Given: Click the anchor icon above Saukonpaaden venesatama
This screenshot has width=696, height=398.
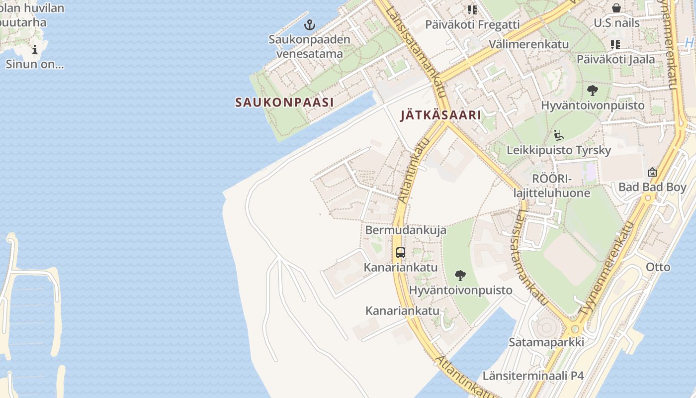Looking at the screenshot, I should tap(310, 24).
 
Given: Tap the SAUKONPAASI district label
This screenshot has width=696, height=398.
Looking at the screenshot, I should tap(284, 102).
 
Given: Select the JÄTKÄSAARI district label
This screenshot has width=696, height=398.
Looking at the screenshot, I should tap(440, 115).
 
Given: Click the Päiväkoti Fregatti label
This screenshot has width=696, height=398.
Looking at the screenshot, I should tap(472, 24).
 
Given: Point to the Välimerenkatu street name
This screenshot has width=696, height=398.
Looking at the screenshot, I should tap(528, 44).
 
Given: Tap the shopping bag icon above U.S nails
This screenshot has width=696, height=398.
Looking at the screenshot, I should tap(616, 8).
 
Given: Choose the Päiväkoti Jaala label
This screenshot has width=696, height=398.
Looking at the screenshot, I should tap(615, 59).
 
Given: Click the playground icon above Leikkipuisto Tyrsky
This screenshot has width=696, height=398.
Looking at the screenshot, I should tap(559, 135).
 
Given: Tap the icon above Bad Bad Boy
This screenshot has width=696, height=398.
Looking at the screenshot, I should tap(652, 172).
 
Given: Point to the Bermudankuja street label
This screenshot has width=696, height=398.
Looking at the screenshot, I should tap(406, 230).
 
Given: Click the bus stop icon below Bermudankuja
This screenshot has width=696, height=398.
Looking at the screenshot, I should tap(401, 252).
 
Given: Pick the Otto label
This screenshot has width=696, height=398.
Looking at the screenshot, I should tap(658, 267).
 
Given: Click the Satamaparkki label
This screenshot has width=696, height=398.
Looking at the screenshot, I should tap(546, 342).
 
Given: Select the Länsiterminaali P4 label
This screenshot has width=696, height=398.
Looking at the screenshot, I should tap(533, 376).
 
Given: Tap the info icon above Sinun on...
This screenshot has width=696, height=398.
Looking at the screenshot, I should tap(35, 49).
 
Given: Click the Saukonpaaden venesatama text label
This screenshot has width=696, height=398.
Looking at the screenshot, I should tap(309, 46).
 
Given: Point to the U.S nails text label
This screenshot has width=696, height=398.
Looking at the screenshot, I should tap(616, 23).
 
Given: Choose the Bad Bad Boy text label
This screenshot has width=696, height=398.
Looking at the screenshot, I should tap(652, 188).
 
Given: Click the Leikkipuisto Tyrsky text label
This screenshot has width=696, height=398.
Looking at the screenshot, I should tap(559, 150).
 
